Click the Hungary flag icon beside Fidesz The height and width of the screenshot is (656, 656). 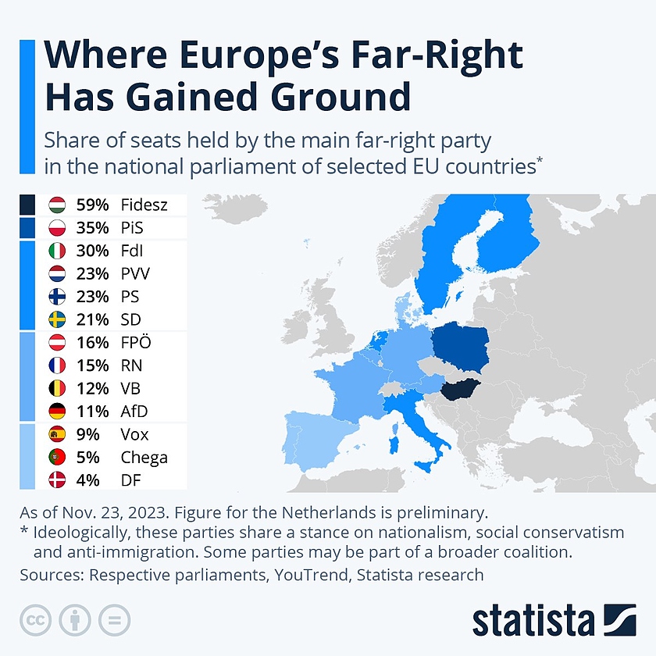pyautogui.click(x=57, y=205)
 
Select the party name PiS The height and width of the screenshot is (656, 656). pyautogui.click(x=133, y=228)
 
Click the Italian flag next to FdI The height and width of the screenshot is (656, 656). pyautogui.click(x=57, y=251)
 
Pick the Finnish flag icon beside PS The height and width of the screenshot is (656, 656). pyautogui.click(x=57, y=297)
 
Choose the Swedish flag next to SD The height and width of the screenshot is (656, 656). pyautogui.click(x=57, y=319)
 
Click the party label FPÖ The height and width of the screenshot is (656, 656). pyautogui.click(x=137, y=343)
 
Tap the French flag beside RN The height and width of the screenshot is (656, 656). pyautogui.click(x=57, y=365)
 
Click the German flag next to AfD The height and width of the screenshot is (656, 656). pyautogui.click(x=57, y=411)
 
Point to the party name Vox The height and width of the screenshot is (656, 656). pyautogui.click(x=134, y=434)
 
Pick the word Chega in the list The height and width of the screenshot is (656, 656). pyautogui.click(x=144, y=457)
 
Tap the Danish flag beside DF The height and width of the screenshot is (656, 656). pyautogui.click(x=57, y=480)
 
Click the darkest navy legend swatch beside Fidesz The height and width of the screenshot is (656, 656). pyautogui.click(x=27, y=205)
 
